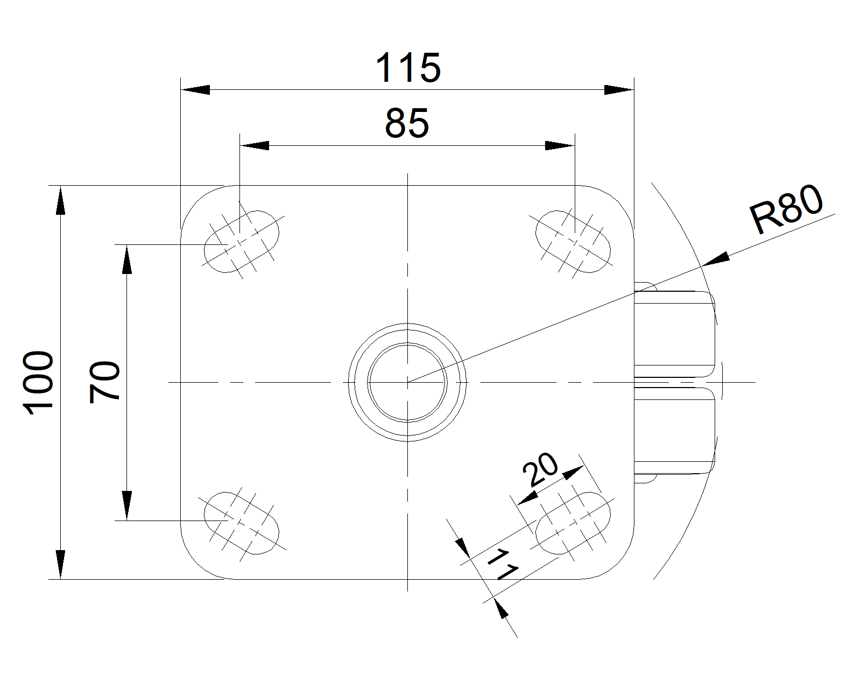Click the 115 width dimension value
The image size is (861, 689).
tap(408, 68)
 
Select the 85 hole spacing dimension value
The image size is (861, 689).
tap(407, 123)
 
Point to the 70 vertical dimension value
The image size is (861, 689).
tap(104, 382)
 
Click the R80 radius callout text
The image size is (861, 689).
tap(786, 208)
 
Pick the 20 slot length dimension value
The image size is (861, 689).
tap(540, 469)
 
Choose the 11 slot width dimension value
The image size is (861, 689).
tap(503, 565)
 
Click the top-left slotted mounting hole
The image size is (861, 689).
tap(242, 241)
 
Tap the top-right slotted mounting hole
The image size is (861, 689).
tap(573, 241)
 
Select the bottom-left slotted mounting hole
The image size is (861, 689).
tap(242, 523)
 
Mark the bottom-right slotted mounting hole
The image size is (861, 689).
tap(573, 523)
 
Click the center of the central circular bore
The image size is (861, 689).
tap(407, 382)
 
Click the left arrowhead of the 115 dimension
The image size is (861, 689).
tap(195, 90)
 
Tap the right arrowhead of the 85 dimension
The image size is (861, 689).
tap(560, 145)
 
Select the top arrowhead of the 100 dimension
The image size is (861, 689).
tap(60, 200)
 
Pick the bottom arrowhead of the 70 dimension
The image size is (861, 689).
tap(127, 505)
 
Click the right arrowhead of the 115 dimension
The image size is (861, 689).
tap(619, 90)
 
